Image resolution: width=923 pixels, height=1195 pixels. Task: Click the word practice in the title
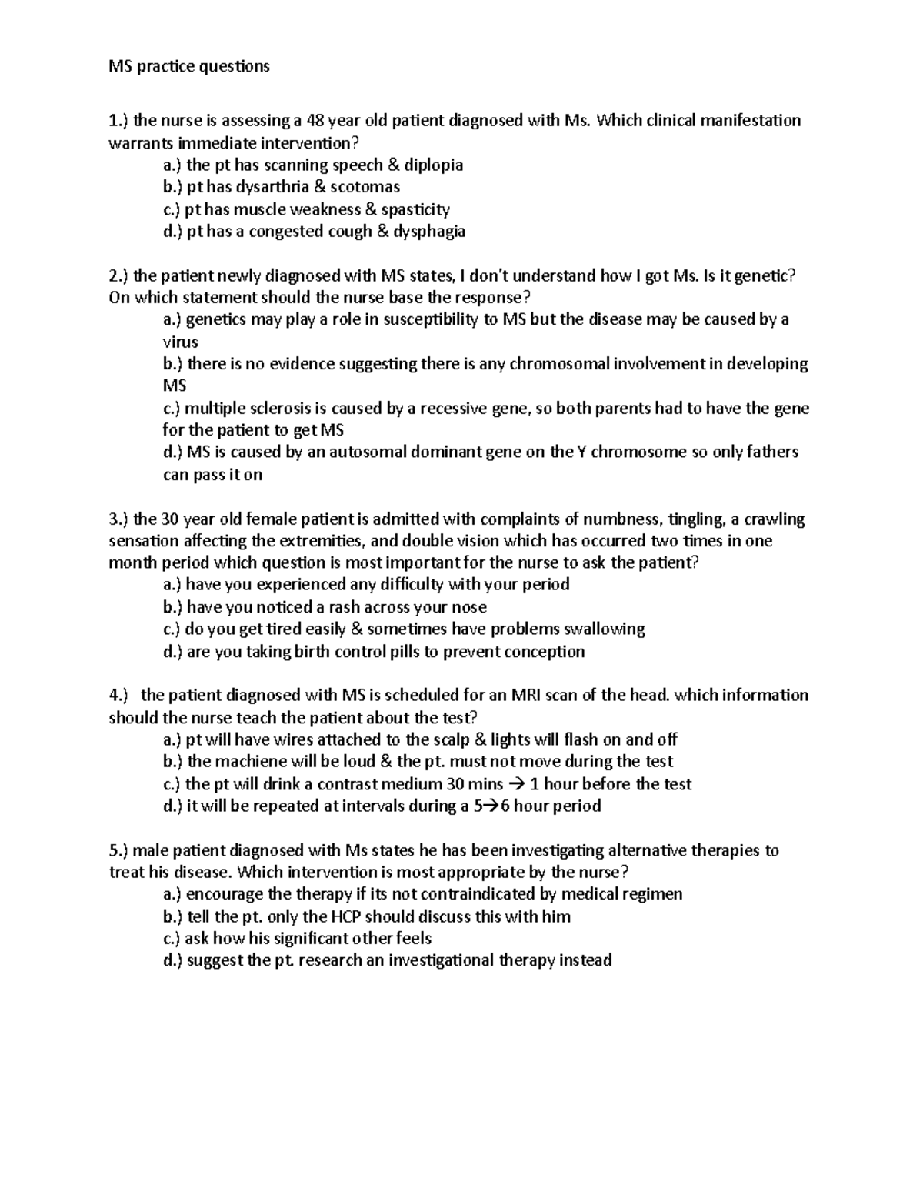pyautogui.click(x=167, y=66)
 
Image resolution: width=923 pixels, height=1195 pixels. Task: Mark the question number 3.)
pyautogui.click(x=119, y=519)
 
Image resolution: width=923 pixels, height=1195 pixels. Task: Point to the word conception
pyautogui.click(x=546, y=652)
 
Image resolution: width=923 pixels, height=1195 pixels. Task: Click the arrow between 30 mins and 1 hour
pyautogui.click(x=516, y=785)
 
